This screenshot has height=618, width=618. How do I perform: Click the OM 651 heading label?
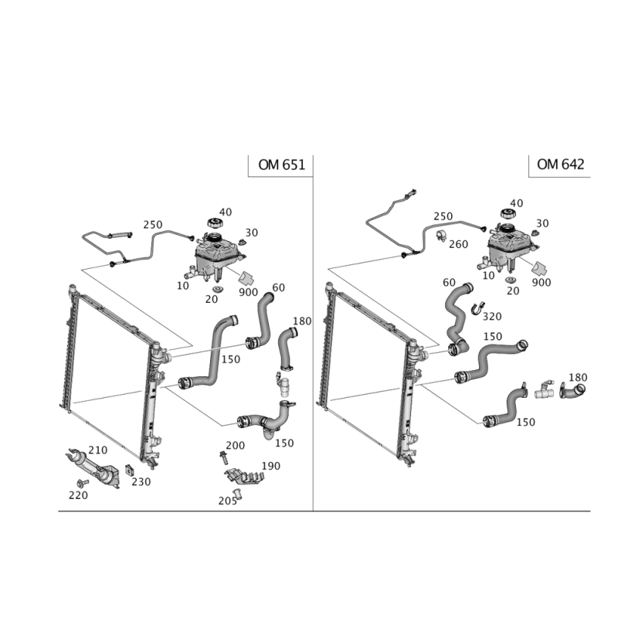tap(280, 165)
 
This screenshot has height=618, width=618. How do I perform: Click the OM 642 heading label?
tap(559, 165)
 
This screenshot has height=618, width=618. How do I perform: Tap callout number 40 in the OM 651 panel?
tap(226, 212)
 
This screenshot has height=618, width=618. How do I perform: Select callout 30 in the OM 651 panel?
tap(251, 233)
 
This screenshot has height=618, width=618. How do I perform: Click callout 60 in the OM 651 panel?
tap(279, 288)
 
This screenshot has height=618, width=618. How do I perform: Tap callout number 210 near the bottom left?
tap(97, 450)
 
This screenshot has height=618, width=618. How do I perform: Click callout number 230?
tap(141, 480)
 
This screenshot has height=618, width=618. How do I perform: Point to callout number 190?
tap(270, 466)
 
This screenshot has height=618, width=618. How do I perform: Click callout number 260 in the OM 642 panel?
tap(458, 243)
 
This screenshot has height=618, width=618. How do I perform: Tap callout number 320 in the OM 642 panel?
tap(492, 315)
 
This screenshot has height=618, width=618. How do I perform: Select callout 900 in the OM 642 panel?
tap(542, 284)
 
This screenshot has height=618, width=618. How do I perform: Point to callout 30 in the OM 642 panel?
tap(542, 223)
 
